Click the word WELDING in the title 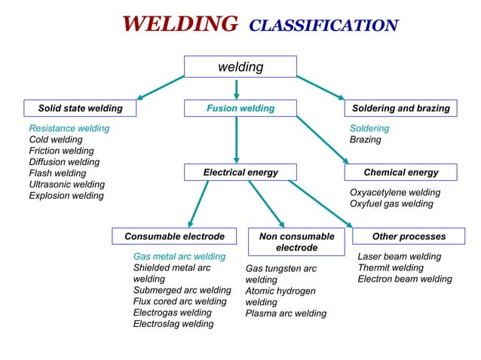point(179,25)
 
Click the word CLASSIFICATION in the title point(323,26)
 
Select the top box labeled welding point(240,67)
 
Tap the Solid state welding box point(80,108)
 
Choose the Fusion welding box point(240,108)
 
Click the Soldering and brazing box point(400,108)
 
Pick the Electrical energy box point(240,172)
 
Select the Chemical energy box point(400,172)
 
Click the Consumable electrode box point(174,236)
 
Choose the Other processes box point(409,236)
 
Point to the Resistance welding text point(69,129)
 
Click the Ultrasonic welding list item point(66,185)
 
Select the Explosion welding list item point(66,196)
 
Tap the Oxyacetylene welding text point(394,193)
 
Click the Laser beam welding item point(399,257)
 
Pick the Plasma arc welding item point(286,313)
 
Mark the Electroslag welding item point(173,324)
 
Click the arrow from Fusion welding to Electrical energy point(237,139)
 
